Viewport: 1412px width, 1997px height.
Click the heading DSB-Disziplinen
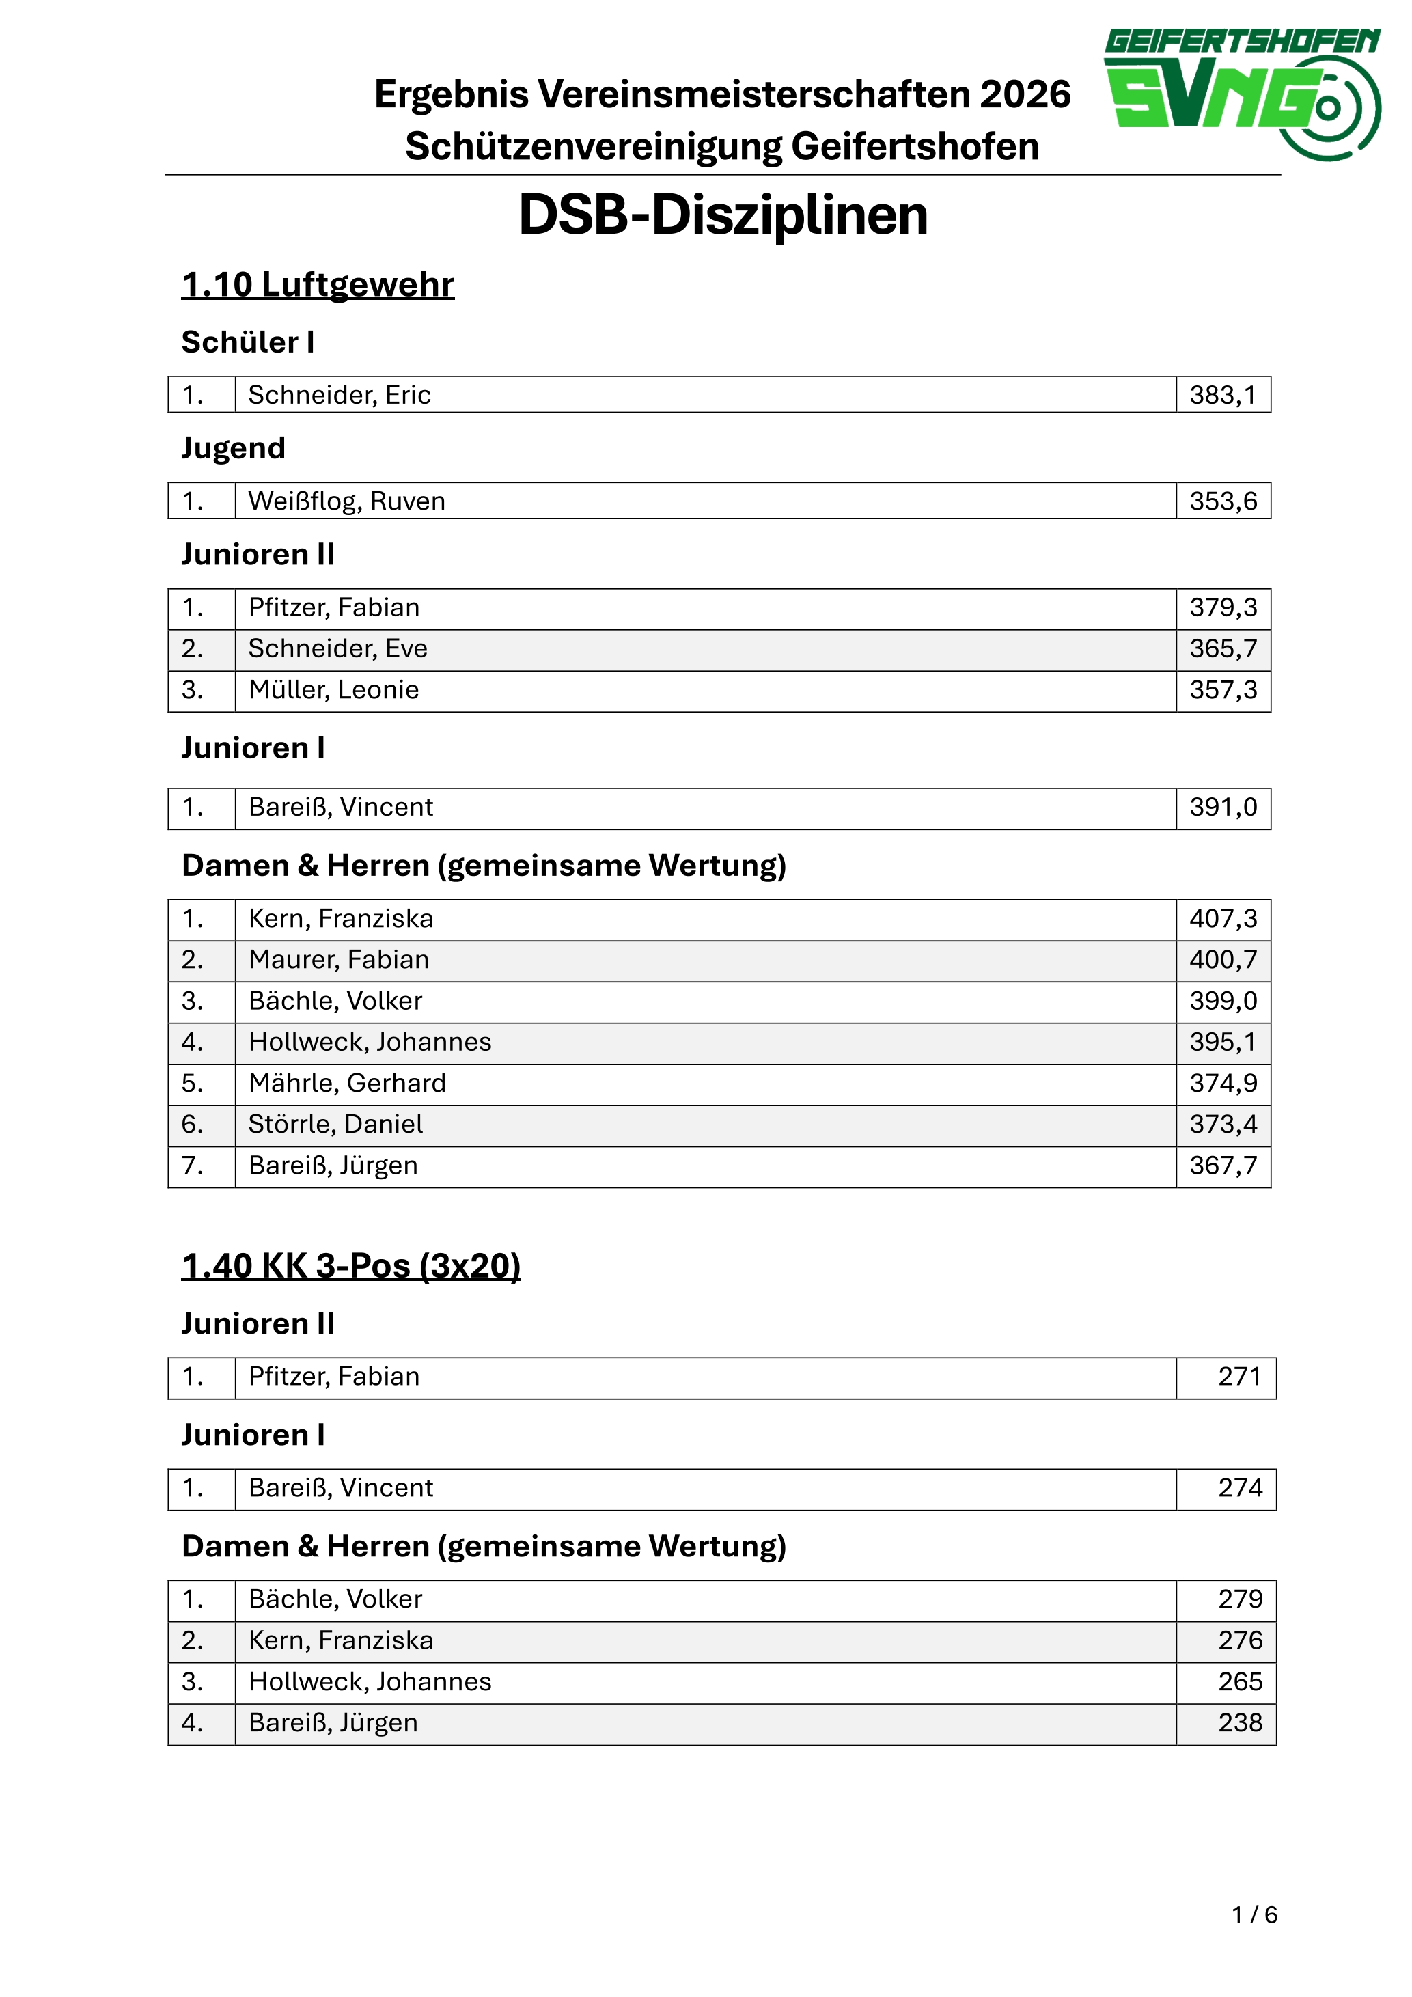(723, 215)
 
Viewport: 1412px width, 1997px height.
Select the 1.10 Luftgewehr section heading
(318, 284)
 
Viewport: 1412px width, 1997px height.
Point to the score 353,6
(1223, 501)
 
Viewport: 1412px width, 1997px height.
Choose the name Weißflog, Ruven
(346, 501)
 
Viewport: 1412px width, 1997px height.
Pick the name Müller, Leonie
(334, 690)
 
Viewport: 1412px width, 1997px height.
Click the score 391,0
(1223, 807)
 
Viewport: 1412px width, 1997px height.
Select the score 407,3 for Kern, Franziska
(1223, 918)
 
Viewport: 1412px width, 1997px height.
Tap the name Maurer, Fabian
(338, 959)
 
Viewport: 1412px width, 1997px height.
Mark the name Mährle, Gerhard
(347, 1083)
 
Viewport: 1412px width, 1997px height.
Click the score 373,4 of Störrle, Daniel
(1223, 1124)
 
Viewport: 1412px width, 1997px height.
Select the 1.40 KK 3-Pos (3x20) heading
(350, 1265)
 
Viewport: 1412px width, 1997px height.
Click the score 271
(1239, 1376)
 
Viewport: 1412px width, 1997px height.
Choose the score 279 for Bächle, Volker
(1239, 1599)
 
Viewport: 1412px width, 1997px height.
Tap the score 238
(1239, 1722)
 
